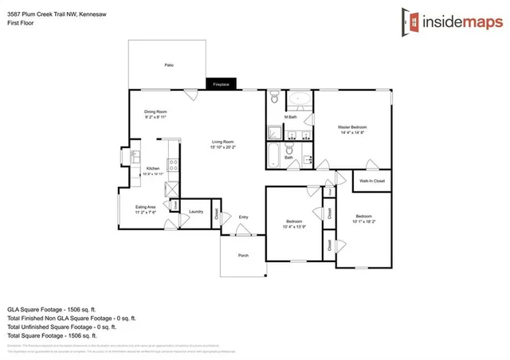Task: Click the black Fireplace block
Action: (219, 84)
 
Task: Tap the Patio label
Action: (169, 65)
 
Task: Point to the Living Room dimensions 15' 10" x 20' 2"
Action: (222, 147)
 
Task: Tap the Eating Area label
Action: (145, 206)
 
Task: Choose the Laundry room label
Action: (196, 212)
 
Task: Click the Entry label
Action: (244, 216)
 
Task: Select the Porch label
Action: (244, 255)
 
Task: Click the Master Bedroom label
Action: (351, 127)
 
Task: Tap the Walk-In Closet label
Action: (372, 181)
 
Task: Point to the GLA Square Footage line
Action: (51, 308)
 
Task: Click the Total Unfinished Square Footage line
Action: (61, 327)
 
